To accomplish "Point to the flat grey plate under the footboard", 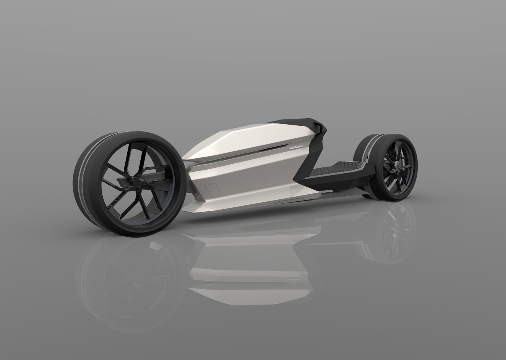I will coord(336,191).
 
